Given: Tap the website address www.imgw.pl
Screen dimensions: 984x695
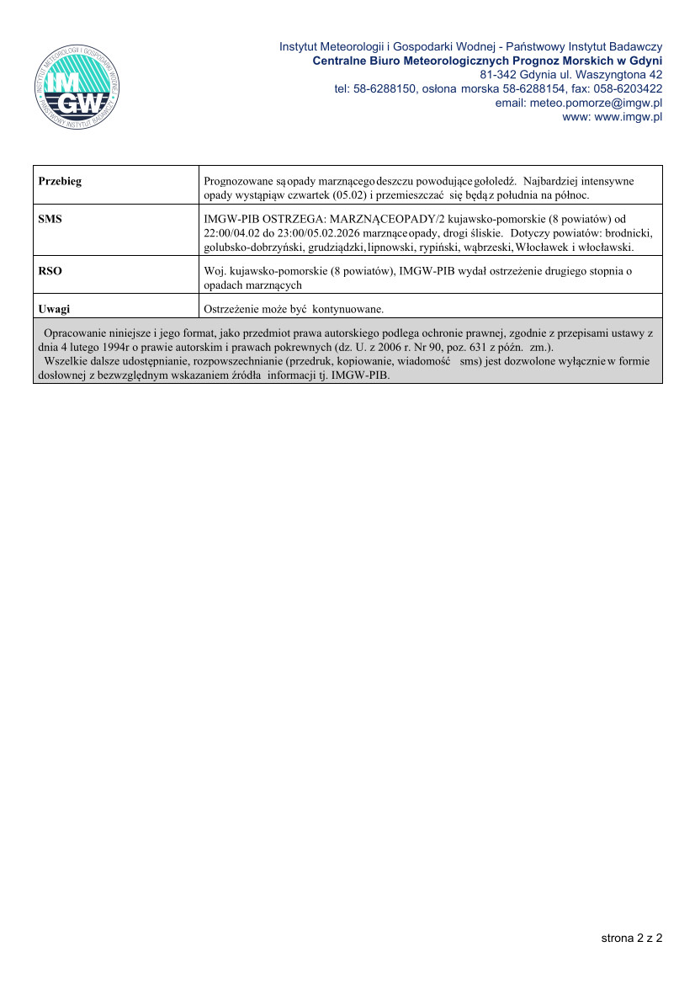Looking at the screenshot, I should pyautogui.click(x=629, y=117).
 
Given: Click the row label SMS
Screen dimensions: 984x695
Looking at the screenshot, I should pyautogui.click(x=50, y=218).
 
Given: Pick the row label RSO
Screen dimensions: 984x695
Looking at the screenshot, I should pyautogui.click(x=50, y=272).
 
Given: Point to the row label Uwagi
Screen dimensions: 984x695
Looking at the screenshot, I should pyautogui.click(x=54, y=309).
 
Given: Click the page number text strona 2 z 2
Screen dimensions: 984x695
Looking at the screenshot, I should pyautogui.click(x=631, y=937).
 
